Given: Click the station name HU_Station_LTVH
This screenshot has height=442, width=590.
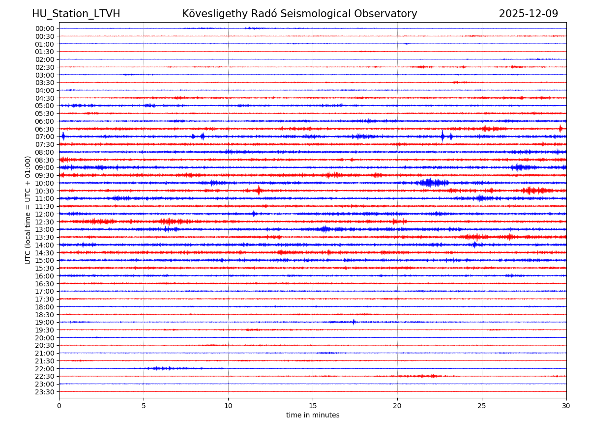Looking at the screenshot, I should coord(76,14).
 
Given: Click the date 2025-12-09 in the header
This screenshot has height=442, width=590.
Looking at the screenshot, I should coord(529,14).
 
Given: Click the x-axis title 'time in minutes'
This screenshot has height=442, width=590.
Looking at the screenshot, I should coord(313,415).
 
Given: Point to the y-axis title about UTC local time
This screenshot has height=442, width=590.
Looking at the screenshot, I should coord(28,210).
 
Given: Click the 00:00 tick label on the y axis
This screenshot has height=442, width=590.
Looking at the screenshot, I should coord(45,28).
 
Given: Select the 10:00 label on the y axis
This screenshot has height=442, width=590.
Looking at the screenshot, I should coord(45,183).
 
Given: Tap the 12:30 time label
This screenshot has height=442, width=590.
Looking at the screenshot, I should coord(45,222).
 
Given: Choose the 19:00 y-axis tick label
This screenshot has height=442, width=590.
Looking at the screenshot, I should coord(45,322).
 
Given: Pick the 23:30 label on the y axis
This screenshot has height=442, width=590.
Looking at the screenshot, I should coord(45,392).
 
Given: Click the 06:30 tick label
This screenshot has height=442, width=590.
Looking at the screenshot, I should coord(45,129).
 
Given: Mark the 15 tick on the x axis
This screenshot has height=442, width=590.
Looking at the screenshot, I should coord(313,406).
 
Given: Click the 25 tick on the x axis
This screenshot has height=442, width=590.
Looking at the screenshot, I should coord(482,406).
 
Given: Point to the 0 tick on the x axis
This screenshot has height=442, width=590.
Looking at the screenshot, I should coord(59,406).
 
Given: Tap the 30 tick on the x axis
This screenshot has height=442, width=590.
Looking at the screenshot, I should coord(566,406).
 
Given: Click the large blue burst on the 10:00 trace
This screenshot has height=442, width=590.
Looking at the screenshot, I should coord(429,183).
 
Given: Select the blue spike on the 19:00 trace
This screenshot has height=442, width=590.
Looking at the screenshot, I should coord(354,322).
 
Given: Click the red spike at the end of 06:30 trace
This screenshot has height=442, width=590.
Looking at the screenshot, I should coord(560,129).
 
